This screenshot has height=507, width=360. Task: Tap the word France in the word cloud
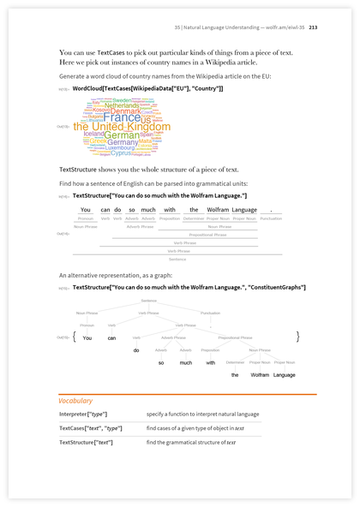tap(122, 117)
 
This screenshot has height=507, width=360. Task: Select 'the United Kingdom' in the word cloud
tap(110, 127)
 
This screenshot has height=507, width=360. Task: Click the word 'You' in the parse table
tap(86, 210)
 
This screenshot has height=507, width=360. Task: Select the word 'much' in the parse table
tap(148, 210)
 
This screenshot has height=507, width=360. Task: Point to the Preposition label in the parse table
tap(170, 218)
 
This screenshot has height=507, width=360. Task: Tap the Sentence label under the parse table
tap(177, 258)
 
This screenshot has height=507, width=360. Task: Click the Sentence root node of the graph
tap(148, 301)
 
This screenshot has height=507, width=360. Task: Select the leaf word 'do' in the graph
tap(135, 350)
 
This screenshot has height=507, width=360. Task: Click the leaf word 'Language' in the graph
tap(284, 375)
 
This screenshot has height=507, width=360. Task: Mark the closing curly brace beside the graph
tap(297, 337)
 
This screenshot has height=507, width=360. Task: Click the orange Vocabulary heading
tap(75, 401)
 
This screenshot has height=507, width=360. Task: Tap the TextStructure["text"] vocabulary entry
tap(85, 442)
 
